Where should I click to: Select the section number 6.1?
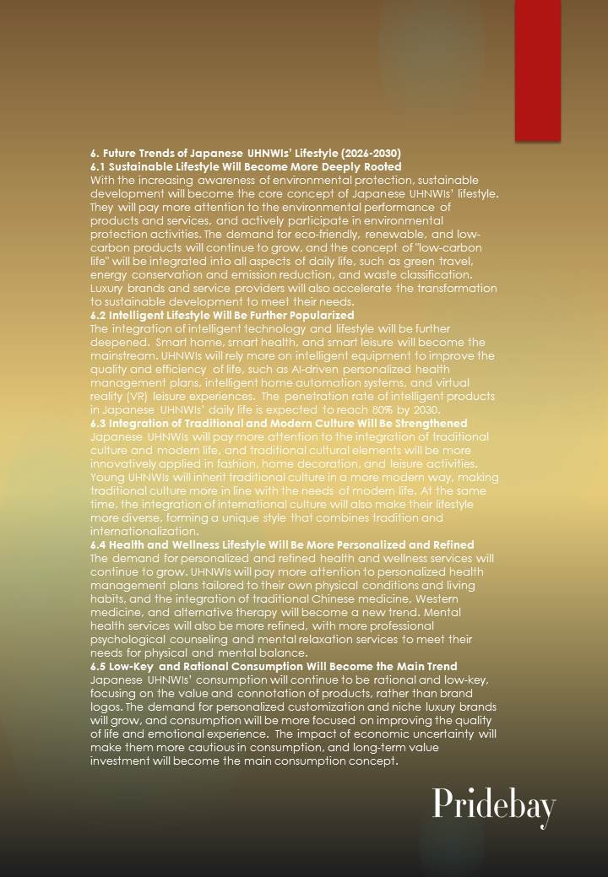[99, 167]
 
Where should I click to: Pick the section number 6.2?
[99, 315]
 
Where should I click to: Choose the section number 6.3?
[99, 423]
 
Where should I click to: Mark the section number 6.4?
[99, 544]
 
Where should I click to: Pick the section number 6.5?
[99, 666]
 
